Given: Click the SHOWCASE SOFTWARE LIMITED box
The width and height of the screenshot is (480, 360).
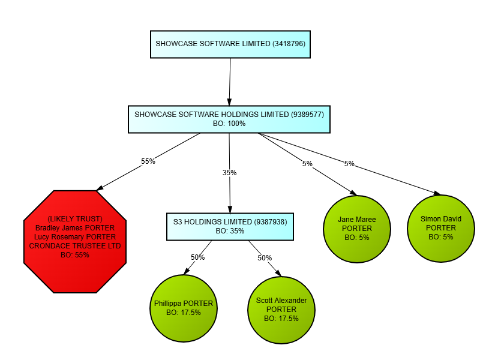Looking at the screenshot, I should point(230,44).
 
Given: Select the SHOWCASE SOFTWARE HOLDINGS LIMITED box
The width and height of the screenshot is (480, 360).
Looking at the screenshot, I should point(229,119).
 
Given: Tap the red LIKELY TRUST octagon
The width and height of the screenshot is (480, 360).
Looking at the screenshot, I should point(75,241).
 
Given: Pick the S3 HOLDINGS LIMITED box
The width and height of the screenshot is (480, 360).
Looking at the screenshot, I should point(230,226).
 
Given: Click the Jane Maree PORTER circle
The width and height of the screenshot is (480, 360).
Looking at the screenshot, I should point(357,229).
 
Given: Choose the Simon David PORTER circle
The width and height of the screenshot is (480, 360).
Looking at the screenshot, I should point(441,228).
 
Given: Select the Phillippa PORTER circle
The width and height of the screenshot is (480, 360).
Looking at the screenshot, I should point(183,308).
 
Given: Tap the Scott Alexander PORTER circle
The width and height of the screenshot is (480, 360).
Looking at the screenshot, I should point(281,309).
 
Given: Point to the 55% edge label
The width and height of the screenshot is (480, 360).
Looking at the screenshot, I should point(148,161).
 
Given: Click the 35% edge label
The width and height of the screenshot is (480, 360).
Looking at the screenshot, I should point(229,173).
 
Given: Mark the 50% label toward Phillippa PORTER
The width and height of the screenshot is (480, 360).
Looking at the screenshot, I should point(197,257).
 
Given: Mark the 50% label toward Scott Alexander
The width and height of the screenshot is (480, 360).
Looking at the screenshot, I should point(265,257).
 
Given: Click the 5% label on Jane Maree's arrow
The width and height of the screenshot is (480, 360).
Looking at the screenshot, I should point(307,164).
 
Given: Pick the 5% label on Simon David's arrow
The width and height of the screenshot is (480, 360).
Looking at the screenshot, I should point(349,164).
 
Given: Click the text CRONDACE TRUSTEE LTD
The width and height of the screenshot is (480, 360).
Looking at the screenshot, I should point(75,246).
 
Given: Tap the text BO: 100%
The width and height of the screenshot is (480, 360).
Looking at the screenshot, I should point(229,124).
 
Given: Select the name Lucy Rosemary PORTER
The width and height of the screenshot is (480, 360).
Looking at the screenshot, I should point(75,237).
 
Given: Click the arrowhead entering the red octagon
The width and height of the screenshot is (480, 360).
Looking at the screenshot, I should point(100,188).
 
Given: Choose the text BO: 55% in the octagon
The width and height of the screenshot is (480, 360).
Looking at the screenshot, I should point(75,255).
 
